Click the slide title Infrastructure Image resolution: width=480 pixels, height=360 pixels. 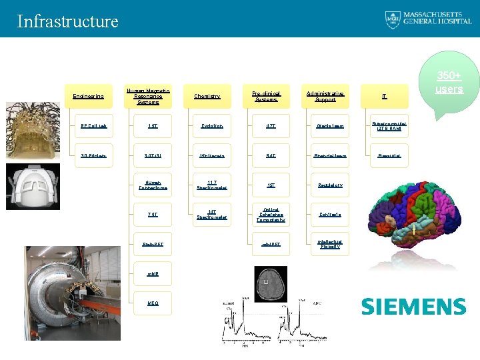(x=67, y=21)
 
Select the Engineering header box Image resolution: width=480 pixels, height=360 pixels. (x=88, y=97)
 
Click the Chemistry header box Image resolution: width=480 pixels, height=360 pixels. (x=207, y=97)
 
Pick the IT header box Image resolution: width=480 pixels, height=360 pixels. (x=385, y=97)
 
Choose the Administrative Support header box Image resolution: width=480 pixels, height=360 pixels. (x=326, y=97)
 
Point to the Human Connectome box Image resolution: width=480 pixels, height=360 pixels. (x=153, y=185)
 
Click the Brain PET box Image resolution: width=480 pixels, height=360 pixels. (x=153, y=244)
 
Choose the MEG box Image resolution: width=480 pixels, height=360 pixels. (x=153, y=303)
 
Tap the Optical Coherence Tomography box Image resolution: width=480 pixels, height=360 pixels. (x=271, y=215)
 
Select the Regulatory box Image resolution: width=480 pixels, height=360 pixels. (x=329, y=185)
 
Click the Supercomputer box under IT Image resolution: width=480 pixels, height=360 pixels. (x=389, y=126)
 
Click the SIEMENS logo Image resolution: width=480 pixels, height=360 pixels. (x=413, y=307)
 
